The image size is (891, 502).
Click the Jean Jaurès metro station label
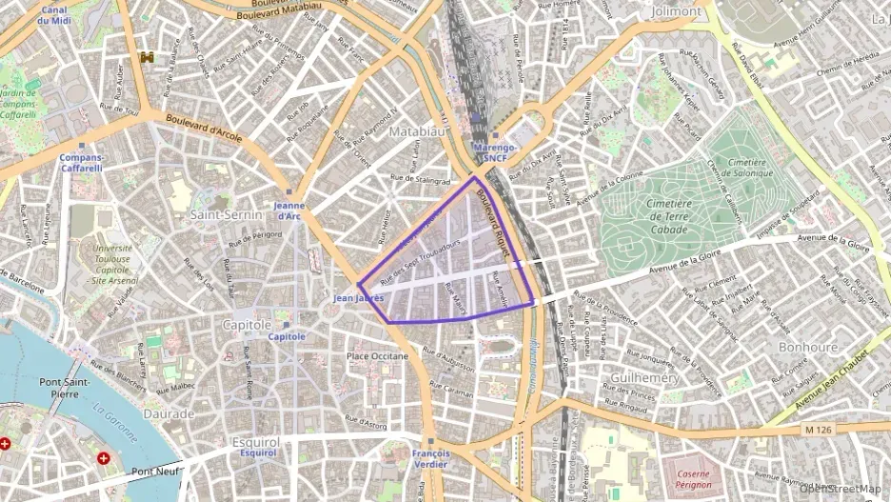[358, 298]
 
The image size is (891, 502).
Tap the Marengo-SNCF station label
[494, 153]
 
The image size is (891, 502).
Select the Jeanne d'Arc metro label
[288, 211]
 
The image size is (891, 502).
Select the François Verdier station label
[431, 459]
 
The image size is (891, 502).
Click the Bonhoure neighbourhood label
[807, 348]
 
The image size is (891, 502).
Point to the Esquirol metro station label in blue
[258, 453]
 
